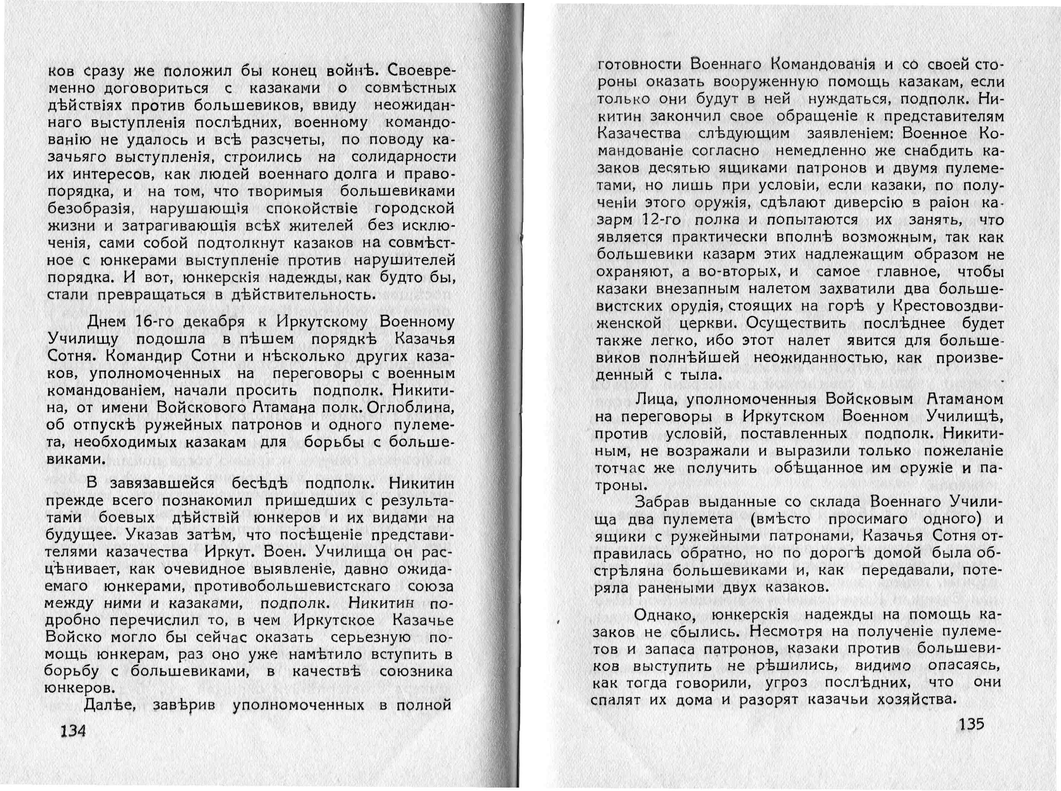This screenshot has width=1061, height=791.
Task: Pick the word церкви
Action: pyautogui.click(x=709, y=323)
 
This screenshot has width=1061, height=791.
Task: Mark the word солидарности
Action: pyautogui.click(x=404, y=157)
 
